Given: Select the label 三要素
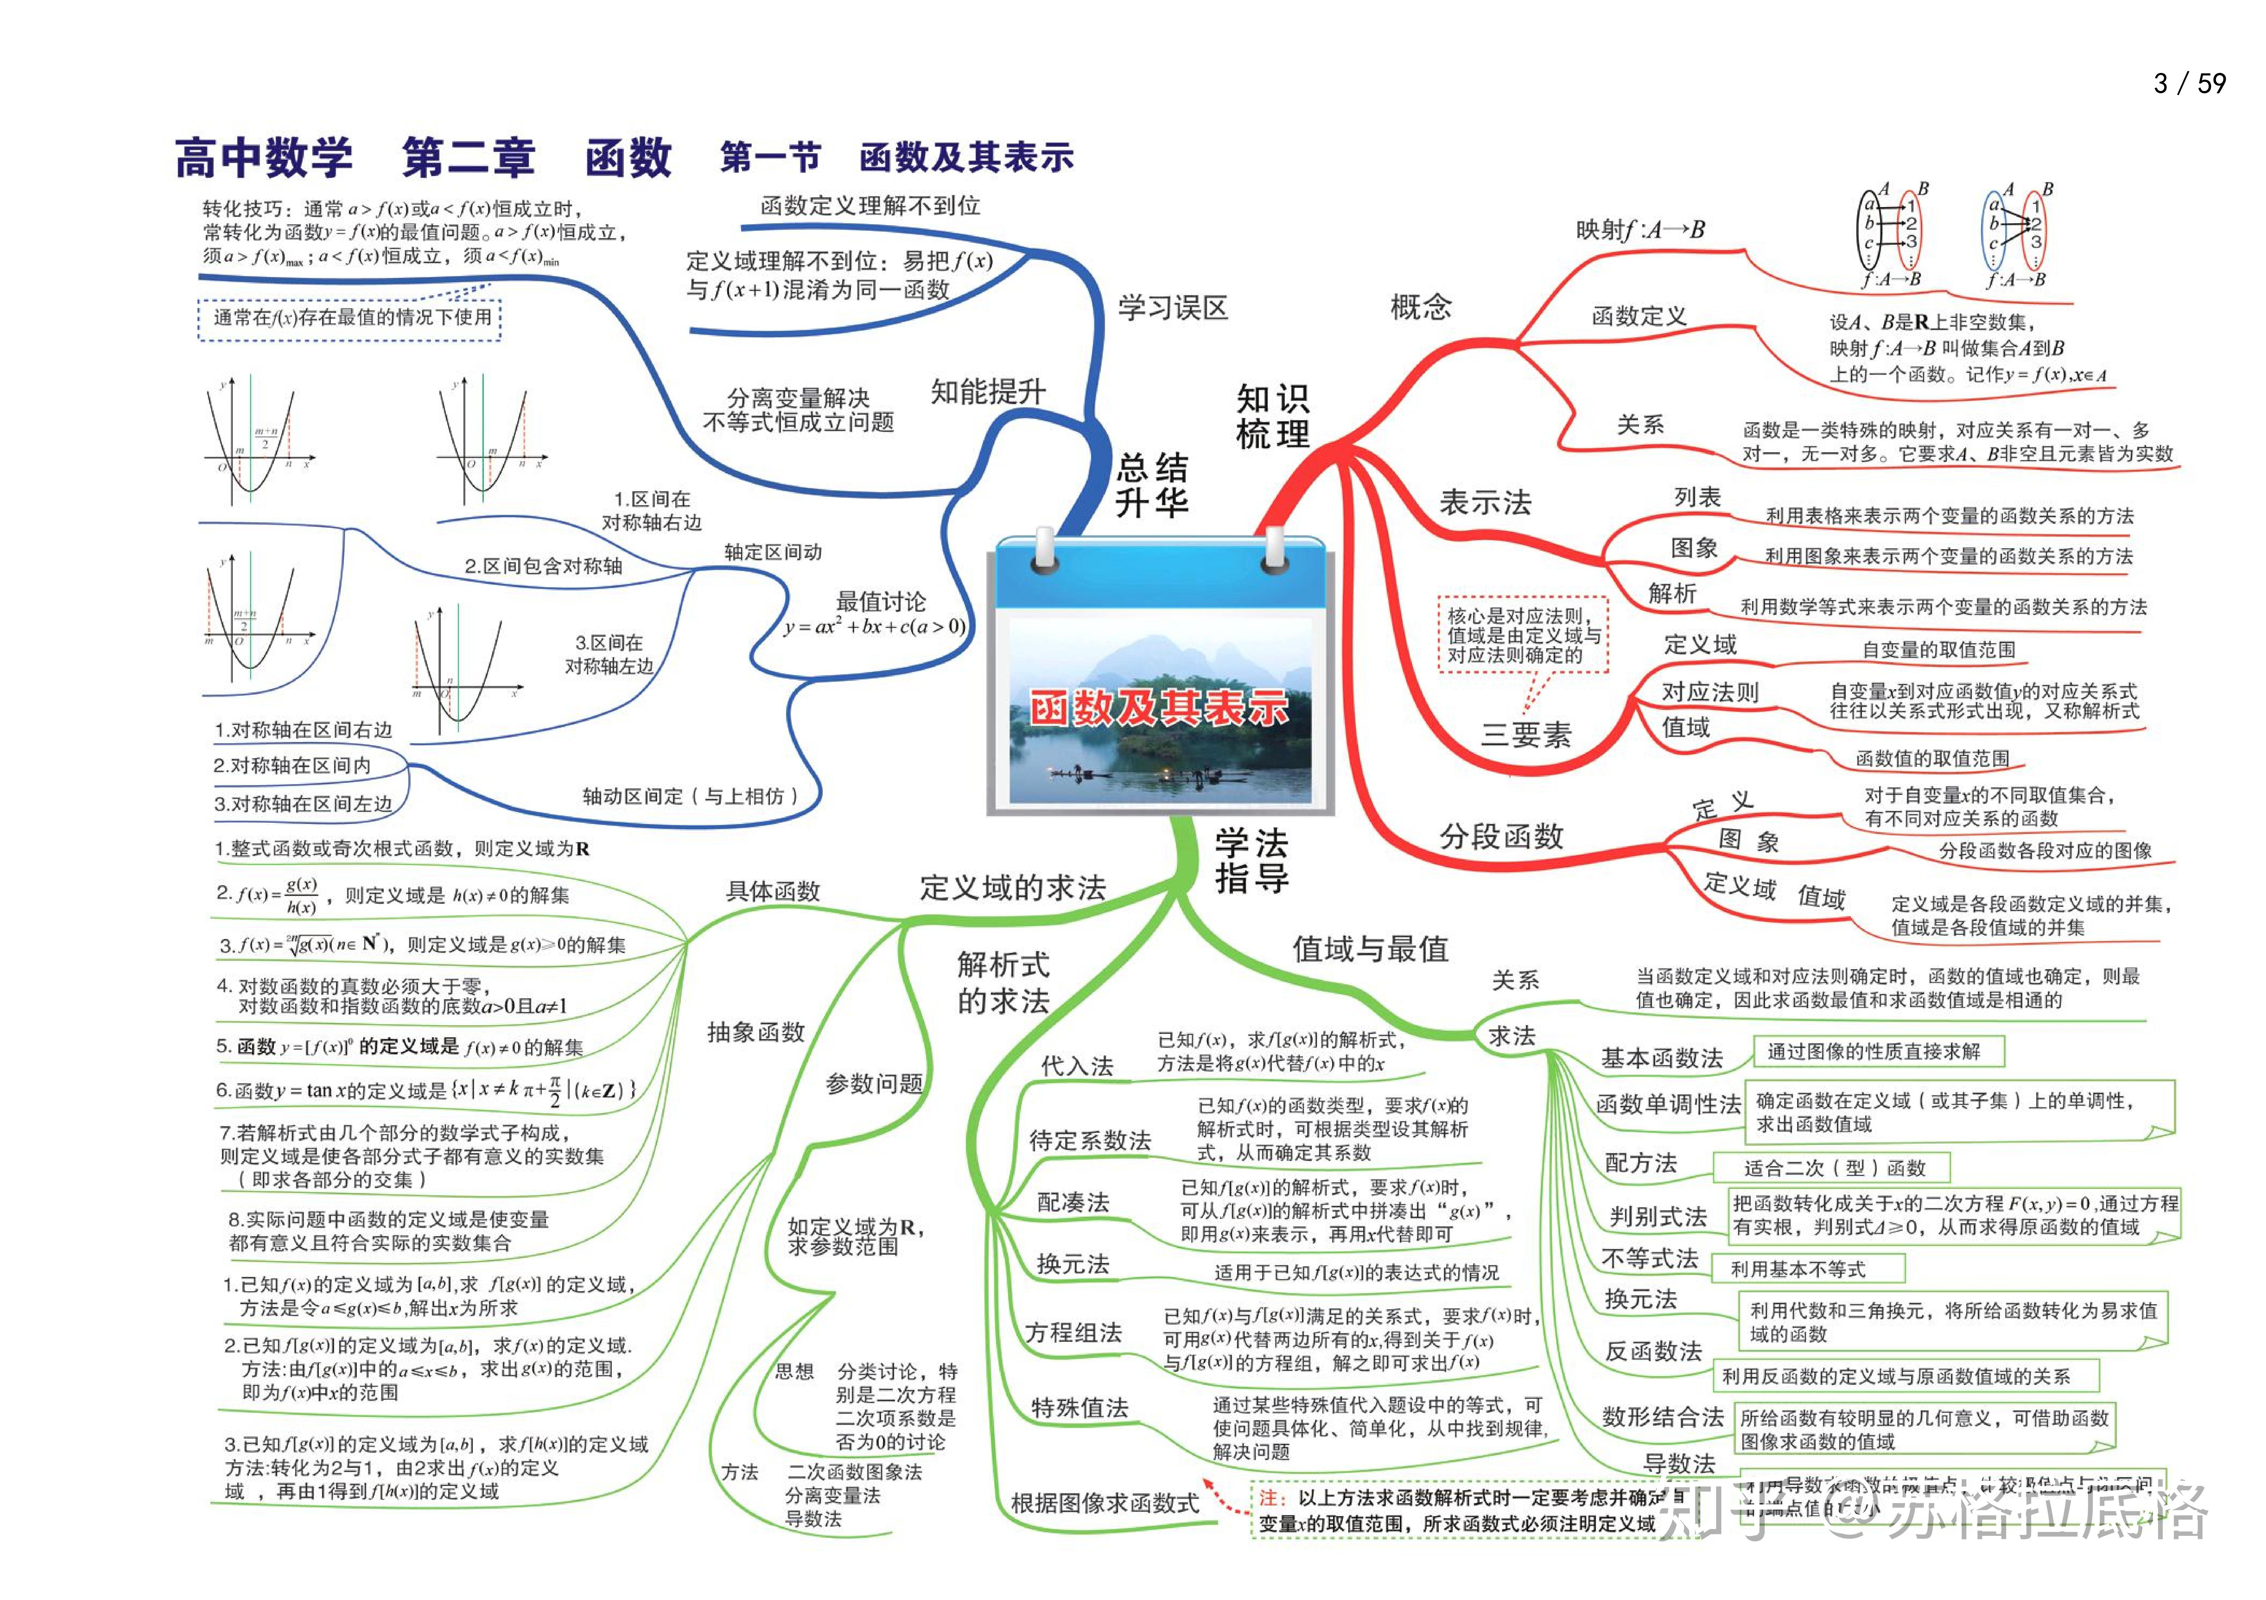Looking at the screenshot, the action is pos(1525,734).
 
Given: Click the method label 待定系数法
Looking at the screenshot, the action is pos(1089,1141).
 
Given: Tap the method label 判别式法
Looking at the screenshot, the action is pos(1657,1216).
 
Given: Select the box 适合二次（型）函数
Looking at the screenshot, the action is pos(1834,1168).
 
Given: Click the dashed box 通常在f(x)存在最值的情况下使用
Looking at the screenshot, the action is pos(351,318).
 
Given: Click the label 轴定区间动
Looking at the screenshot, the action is pos(773,552).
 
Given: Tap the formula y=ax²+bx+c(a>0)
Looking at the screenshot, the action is pos(875,627).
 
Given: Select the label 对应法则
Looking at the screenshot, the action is pos(1709,692).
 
